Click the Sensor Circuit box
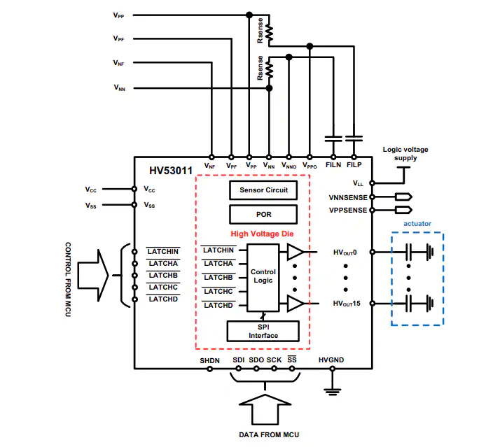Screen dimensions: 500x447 [263, 190]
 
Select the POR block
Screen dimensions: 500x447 [263, 215]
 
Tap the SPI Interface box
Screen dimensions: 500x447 [263, 332]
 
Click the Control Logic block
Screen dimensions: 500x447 [263, 278]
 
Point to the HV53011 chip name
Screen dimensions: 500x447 [171, 171]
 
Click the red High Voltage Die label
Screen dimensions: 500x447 [262, 234]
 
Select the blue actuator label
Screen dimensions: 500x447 [417, 224]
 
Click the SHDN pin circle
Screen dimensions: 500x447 [210, 369]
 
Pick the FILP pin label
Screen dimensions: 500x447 [354, 164]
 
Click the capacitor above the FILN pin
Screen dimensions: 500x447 [333, 139]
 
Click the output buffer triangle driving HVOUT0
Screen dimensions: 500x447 [296, 252]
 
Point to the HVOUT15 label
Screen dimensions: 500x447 [347, 304]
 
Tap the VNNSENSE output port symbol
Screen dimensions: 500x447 [403, 197]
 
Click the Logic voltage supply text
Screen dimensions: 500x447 [405, 154]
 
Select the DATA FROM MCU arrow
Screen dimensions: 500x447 [265, 409]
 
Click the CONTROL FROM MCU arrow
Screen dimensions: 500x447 [93, 276]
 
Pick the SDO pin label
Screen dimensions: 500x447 [256, 360]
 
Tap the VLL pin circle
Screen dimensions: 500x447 [372, 183]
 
